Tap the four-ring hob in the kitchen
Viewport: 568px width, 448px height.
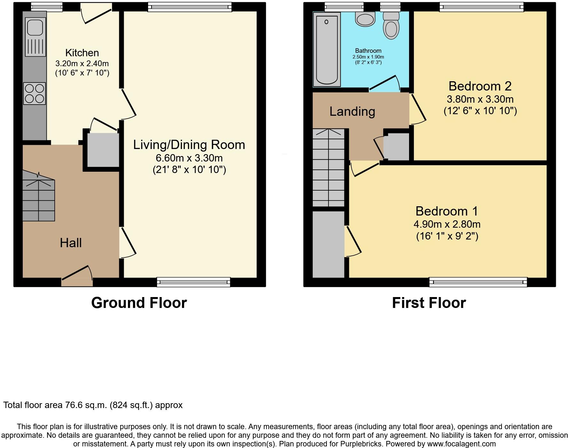click(x=35, y=93)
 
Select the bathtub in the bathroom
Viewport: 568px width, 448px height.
click(x=327, y=50)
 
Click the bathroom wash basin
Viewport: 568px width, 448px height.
click(x=365, y=19)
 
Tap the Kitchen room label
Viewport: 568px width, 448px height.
click(x=82, y=53)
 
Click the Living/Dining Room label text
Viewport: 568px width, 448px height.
click(x=189, y=145)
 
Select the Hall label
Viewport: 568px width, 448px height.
click(x=71, y=243)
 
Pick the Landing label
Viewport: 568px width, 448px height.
click(x=352, y=111)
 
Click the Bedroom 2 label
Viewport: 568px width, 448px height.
click(x=480, y=86)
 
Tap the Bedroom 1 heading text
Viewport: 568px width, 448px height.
click(x=447, y=211)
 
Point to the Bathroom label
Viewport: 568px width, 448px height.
click(x=368, y=51)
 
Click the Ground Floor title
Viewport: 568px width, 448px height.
click(x=139, y=303)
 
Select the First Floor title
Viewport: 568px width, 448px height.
click(x=429, y=303)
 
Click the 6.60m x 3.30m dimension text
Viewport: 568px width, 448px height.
click(x=189, y=158)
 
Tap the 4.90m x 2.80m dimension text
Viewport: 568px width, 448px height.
click(x=447, y=224)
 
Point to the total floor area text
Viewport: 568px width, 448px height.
click(x=93, y=405)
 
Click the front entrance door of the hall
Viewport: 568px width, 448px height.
click(x=77, y=275)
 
